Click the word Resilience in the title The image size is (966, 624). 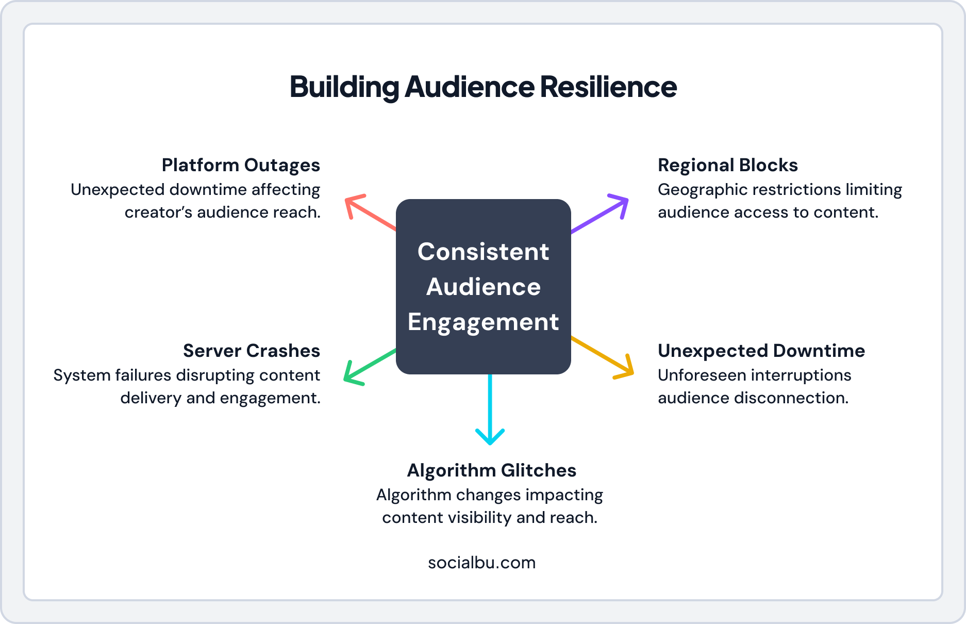pos(608,87)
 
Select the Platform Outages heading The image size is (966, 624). pos(241,165)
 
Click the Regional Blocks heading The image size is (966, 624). pos(727,165)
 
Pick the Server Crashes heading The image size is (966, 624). pos(251,351)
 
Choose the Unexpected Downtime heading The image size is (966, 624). pos(761,351)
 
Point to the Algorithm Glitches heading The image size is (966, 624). pos(491,470)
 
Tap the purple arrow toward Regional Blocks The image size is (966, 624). pos(601,214)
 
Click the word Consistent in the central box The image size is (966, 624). pos(483,252)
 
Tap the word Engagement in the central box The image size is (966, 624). pos(483,322)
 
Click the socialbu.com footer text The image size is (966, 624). pos(481,562)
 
